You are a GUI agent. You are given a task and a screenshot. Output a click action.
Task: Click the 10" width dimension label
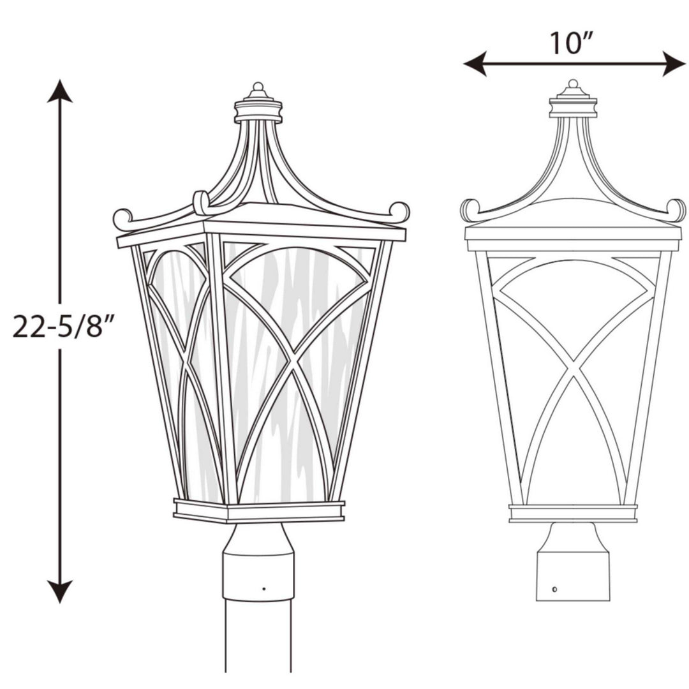click(574, 43)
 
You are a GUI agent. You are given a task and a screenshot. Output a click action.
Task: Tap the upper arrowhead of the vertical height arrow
click(60, 92)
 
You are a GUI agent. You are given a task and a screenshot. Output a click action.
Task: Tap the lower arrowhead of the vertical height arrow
click(60, 591)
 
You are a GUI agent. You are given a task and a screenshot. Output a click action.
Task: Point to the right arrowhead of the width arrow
click(674, 64)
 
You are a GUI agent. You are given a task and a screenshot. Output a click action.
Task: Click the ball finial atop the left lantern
click(258, 87)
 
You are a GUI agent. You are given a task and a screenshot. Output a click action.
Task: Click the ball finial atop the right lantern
click(573, 84)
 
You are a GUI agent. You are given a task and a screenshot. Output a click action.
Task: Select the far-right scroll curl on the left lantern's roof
click(400, 211)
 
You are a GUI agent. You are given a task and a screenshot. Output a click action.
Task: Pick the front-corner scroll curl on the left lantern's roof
click(200, 203)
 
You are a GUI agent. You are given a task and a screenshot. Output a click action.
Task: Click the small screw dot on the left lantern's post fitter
click(263, 588)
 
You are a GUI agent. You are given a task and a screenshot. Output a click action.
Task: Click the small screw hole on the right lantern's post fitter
click(554, 589)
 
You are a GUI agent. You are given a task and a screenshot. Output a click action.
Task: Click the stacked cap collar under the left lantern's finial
click(258, 111)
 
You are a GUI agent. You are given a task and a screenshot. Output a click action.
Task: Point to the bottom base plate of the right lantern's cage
click(573, 513)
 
